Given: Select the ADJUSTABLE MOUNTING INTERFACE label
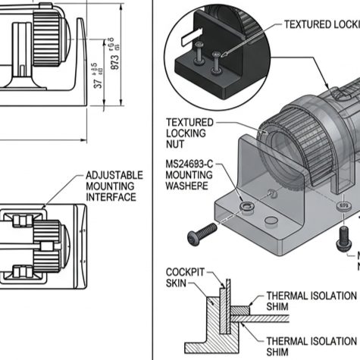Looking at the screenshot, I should (x=110, y=186).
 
